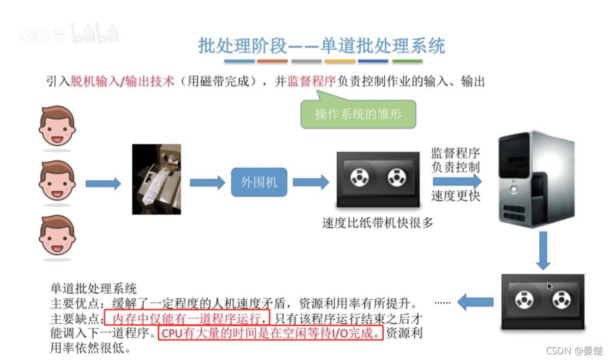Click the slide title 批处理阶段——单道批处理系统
[x=322, y=45]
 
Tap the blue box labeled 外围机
[x=259, y=182]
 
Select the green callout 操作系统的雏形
[x=358, y=113]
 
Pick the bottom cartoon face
[x=57, y=236]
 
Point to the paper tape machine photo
[x=156, y=178]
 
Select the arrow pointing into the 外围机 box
[x=207, y=182]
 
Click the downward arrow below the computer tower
[x=543, y=250]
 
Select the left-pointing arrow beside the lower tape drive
[x=475, y=302]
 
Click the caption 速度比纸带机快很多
[x=377, y=222]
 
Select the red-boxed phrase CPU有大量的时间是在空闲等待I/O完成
[x=270, y=335]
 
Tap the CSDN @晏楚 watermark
[x=574, y=350]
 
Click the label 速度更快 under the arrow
[x=456, y=196]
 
